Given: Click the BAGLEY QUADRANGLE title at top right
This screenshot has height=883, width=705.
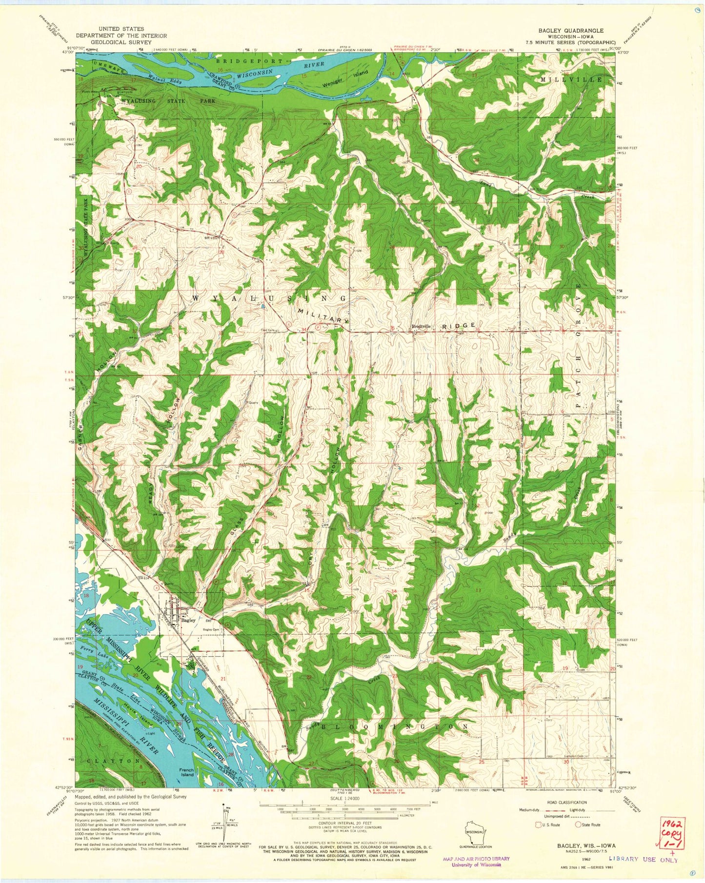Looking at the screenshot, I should pyautogui.click(x=570, y=30).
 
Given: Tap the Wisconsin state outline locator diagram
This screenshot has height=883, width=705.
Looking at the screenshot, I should pyautogui.click(x=477, y=828).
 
